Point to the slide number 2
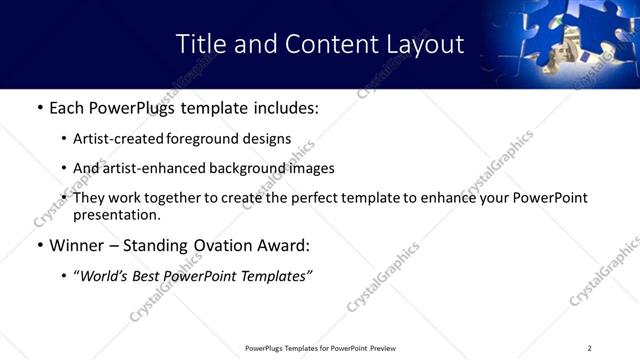click(x=590, y=348)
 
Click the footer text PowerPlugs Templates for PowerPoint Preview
click(x=321, y=348)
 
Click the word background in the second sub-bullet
click(x=243, y=168)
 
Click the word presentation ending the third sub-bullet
click(x=116, y=214)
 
